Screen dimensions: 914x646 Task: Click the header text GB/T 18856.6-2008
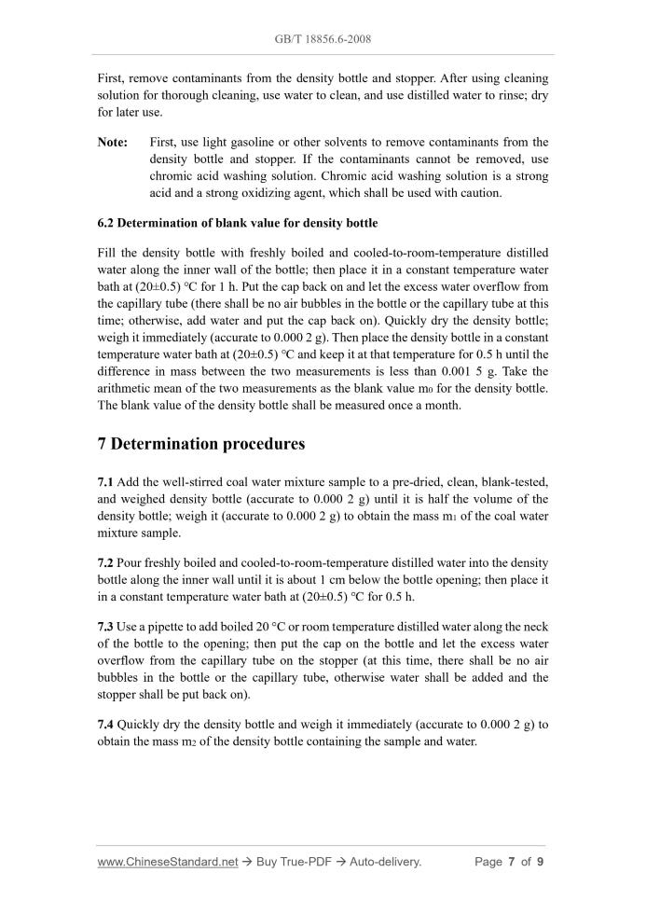[323, 40]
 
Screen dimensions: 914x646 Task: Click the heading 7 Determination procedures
[201, 444]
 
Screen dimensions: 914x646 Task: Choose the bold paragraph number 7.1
[106, 482]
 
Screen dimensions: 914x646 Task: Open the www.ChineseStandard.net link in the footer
[168, 862]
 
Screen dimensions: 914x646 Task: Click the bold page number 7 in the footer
[512, 862]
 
